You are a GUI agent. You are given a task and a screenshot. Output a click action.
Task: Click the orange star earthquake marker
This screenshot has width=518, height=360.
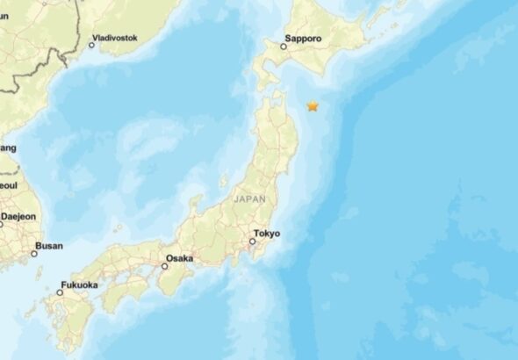tap(313, 106)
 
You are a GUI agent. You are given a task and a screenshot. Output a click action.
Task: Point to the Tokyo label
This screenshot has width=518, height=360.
tap(267, 234)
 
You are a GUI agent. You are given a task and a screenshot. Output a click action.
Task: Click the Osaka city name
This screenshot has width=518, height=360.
tap(179, 259)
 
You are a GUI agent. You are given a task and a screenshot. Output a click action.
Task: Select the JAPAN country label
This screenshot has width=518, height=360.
tap(249, 199)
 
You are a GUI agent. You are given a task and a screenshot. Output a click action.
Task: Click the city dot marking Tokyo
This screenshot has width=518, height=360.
tap(253, 241)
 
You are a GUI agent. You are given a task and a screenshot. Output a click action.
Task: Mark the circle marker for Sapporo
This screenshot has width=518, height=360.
tap(284, 47)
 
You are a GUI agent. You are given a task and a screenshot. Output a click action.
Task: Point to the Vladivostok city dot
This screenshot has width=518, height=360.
tap(91, 45)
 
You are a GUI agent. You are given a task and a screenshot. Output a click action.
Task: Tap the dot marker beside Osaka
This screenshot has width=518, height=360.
tap(164, 266)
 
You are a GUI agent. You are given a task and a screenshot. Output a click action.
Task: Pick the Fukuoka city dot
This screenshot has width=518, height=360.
tap(61, 292)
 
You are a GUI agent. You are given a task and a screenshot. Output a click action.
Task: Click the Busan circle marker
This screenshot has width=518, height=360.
tap(35, 254)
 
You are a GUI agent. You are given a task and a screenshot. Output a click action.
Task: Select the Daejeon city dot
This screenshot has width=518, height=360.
tap(2, 224)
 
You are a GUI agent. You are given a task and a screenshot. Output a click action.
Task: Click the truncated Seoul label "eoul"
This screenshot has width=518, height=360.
tap(8, 186)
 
